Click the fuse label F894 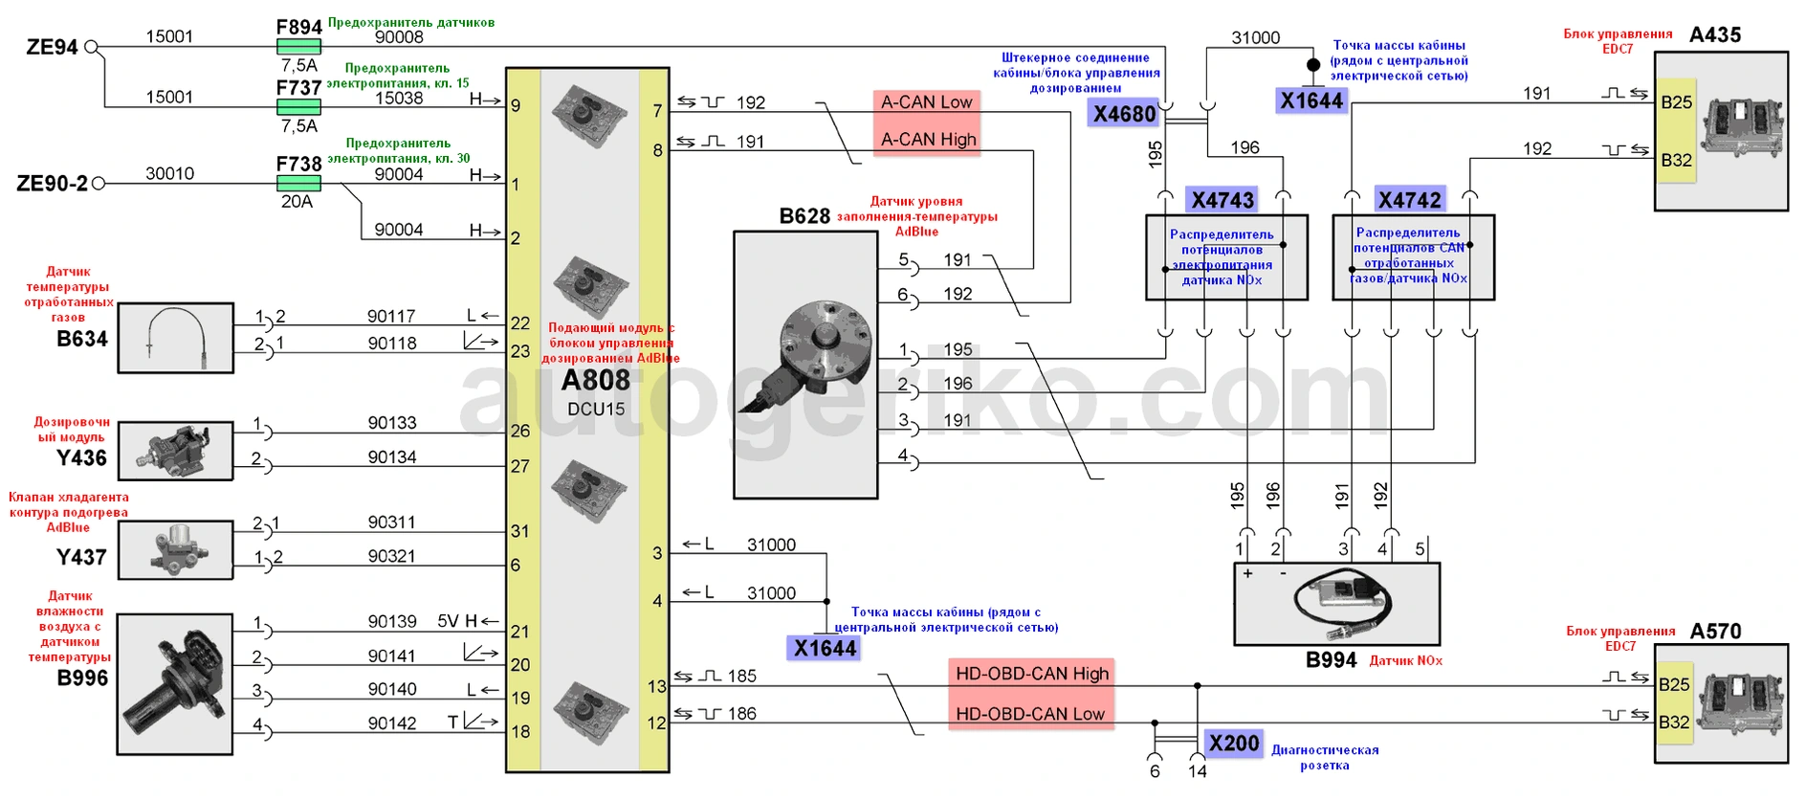tap(298, 27)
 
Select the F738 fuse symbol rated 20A tap(298, 183)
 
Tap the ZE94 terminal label tap(52, 47)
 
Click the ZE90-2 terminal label tap(52, 183)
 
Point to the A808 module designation tap(595, 381)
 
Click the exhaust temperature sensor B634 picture tap(176, 338)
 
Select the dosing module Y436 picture tap(176, 451)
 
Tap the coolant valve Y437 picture tap(176, 550)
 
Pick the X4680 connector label tap(1124, 115)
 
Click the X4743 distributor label tap(1222, 200)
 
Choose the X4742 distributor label tap(1409, 200)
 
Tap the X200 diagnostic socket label tap(1233, 744)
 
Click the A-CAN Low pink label tap(926, 102)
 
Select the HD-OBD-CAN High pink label tap(1032, 674)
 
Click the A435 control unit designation tap(1715, 35)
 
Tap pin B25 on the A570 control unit tap(1674, 684)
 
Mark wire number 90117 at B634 tap(391, 316)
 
